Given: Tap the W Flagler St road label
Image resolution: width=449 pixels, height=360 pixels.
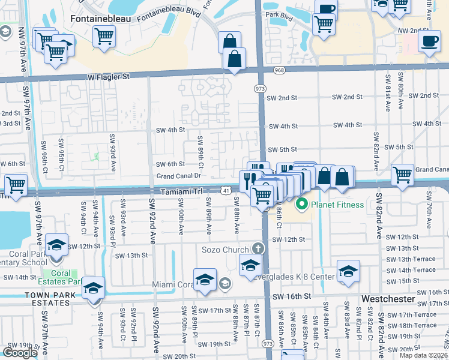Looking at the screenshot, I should pos(108,77).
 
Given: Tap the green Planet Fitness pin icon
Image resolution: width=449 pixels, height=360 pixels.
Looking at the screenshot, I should pos(301,205).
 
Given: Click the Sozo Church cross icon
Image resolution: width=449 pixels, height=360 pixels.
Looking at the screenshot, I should pos(258,248).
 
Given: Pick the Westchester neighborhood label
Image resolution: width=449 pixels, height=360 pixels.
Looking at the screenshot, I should pos(388,298).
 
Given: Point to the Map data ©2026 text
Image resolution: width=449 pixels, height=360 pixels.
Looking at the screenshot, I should pos(423,355).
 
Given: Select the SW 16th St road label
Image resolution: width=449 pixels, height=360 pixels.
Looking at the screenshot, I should pos(292,296).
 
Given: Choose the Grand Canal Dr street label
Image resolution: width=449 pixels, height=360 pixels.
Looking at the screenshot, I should pos(178,176).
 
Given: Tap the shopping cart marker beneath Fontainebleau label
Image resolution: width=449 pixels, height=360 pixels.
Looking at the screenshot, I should pos(104,35).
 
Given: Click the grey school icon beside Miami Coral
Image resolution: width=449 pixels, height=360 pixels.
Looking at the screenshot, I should pos(224,283).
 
